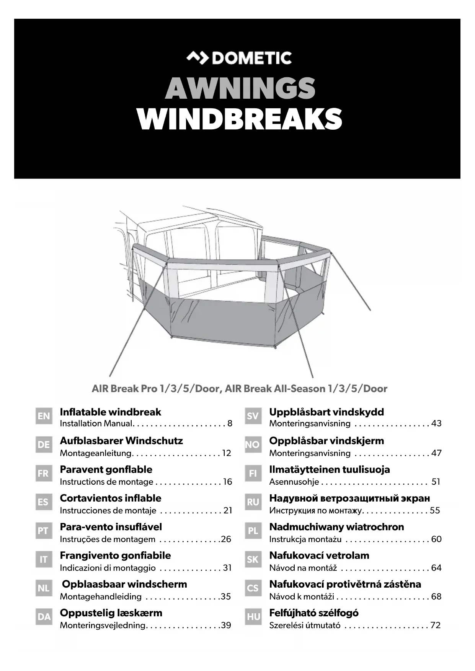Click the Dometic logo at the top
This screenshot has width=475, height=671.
tap(239, 58)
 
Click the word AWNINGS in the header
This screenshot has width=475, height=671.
tap(240, 89)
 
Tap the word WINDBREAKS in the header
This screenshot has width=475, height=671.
tap(239, 119)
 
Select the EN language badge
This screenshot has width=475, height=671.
tap(44, 416)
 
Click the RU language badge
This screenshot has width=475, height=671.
tap(253, 502)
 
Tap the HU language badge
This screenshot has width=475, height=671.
tap(253, 617)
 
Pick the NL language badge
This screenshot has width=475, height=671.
tap(44, 588)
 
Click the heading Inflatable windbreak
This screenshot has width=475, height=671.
tap(110, 412)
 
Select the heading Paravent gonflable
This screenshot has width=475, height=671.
tap(106, 469)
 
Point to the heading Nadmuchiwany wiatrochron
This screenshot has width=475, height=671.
tap(336, 527)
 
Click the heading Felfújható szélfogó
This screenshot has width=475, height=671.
tap(314, 613)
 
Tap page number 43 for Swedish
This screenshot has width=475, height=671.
tap(436, 423)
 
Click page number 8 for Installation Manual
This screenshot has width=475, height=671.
tap(230, 423)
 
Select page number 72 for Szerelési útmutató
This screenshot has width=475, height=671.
tap(436, 625)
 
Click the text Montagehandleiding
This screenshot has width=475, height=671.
tap(101, 596)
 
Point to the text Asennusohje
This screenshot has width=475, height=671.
tap(294, 482)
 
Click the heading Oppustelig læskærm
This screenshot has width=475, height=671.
tap(111, 613)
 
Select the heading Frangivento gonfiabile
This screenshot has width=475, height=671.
tap(115, 555)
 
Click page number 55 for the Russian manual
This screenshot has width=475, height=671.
tap(435, 510)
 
